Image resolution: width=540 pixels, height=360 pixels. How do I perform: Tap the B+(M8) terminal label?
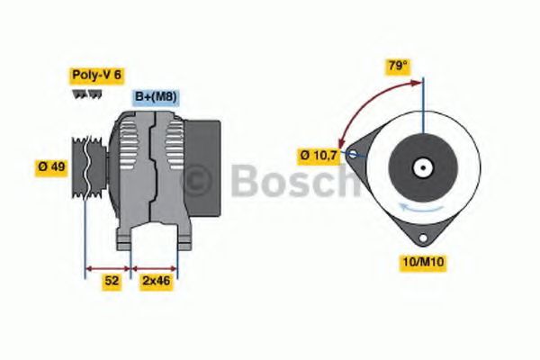click(x=155, y=97)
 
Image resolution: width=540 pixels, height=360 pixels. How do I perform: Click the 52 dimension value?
click(x=111, y=281)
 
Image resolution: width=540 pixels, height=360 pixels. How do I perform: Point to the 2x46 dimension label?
click(x=155, y=281)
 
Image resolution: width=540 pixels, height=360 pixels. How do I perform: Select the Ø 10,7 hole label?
click(x=319, y=155)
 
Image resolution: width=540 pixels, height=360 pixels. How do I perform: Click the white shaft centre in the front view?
click(x=419, y=167)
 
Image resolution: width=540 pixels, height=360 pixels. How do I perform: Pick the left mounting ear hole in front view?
click(x=354, y=155)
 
